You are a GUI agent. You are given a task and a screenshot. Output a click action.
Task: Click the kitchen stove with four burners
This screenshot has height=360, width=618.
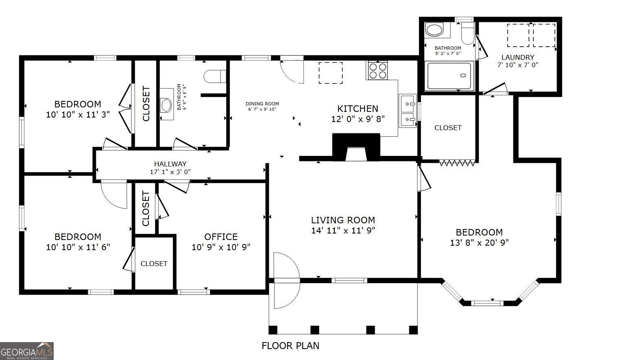click(377, 71)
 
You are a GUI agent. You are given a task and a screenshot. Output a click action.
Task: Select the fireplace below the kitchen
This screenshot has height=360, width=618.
click(356, 147)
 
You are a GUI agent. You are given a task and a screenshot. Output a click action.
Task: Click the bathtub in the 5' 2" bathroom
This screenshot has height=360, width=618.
click(449, 76)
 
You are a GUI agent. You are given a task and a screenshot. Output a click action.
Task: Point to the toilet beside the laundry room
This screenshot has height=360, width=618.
click(467, 33)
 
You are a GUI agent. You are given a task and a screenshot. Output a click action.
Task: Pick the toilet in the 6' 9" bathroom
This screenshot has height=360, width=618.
click(215, 76)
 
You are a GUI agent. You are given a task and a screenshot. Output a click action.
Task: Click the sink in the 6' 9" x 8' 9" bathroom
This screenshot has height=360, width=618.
click(166, 105)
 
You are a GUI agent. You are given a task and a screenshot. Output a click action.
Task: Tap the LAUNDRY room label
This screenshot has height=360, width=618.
click(518, 57)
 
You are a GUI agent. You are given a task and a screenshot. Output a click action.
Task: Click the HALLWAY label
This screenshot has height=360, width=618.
click(170, 164)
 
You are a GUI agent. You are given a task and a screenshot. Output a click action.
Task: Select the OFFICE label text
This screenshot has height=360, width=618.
click(221, 237)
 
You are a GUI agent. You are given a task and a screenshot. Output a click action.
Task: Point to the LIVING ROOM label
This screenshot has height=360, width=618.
click(343, 220)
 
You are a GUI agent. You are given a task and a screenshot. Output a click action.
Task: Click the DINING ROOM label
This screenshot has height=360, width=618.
click(262, 104)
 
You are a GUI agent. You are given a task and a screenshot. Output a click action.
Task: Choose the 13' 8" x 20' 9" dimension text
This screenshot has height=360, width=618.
click(479, 242)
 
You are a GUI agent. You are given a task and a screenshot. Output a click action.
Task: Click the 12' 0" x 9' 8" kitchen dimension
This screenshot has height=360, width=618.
click(358, 119)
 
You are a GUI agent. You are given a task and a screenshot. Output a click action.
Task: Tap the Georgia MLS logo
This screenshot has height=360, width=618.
click(27, 351)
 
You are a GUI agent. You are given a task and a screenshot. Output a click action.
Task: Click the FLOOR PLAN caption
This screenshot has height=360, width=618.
click(290, 346)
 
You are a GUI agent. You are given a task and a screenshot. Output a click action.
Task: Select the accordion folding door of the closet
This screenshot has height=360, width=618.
click(457, 163)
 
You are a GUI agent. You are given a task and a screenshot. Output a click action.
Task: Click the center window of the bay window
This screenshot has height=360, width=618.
click(487, 303)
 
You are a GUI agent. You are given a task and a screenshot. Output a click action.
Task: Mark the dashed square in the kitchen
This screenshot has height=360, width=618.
click(330, 73)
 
